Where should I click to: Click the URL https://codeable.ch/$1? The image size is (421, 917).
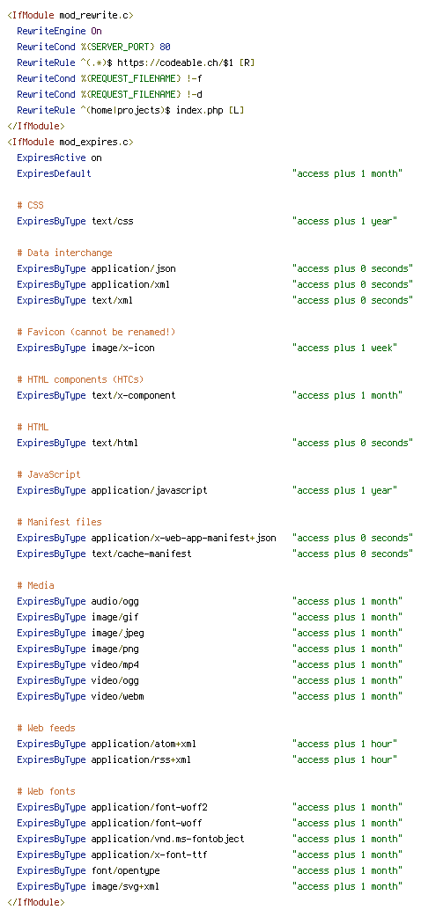pos(170,62)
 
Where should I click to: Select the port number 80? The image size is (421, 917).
pos(165,47)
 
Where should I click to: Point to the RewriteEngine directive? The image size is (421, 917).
pos(51,31)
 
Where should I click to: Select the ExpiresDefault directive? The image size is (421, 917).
pos(54,173)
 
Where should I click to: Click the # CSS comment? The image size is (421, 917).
pos(31,205)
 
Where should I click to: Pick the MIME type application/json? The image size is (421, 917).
pos(134,269)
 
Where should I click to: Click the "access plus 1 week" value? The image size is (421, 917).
pos(345,348)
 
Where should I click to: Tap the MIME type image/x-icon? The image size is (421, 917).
pos(123,348)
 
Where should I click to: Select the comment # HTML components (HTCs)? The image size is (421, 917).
pos(80,379)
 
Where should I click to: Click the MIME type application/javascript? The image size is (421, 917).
pos(150,490)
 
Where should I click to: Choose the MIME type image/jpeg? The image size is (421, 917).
pos(118,633)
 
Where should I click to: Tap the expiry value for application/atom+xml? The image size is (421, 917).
pos(345,744)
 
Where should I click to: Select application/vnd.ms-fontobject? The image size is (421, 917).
pos(168,839)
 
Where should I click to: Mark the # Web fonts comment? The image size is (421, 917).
pos(47,791)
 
